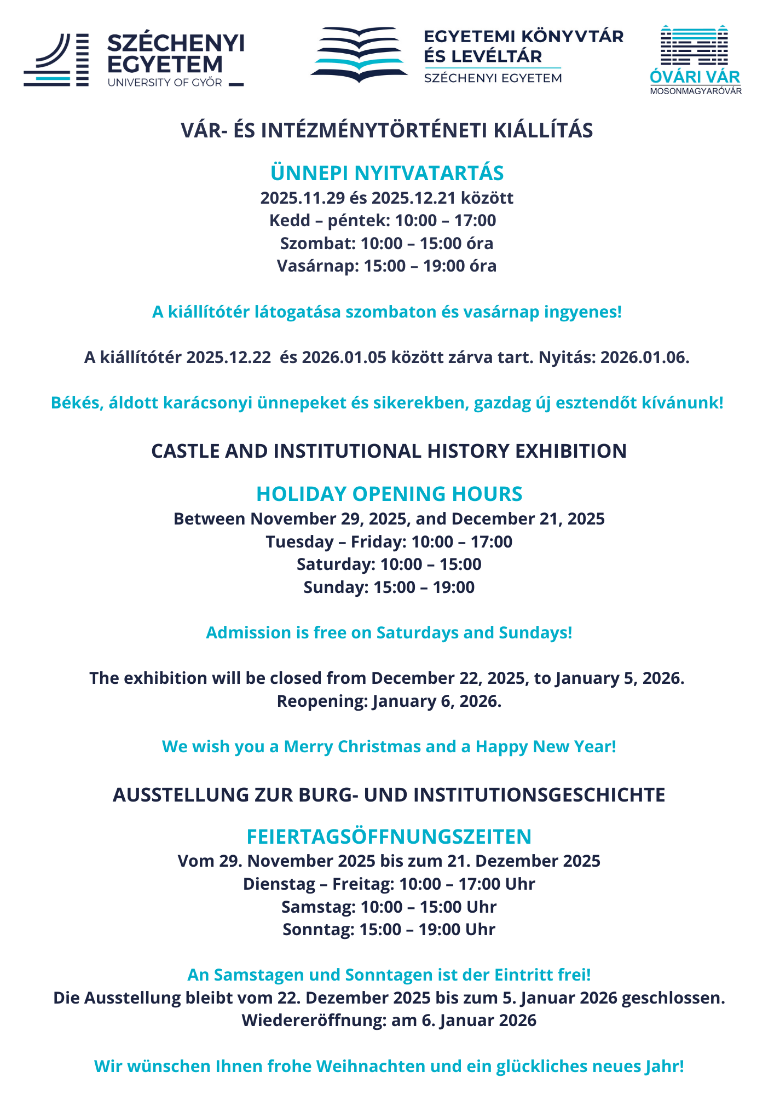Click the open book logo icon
tap(359, 55)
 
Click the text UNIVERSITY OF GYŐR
tap(165, 83)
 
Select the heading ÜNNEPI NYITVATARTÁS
tap(387, 173)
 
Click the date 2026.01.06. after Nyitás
tap(645, 358)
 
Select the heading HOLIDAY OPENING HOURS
tap(389, 494)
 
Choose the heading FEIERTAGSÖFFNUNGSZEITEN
tap(389, 837)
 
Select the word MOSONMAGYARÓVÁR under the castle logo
tap(696, 91)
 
